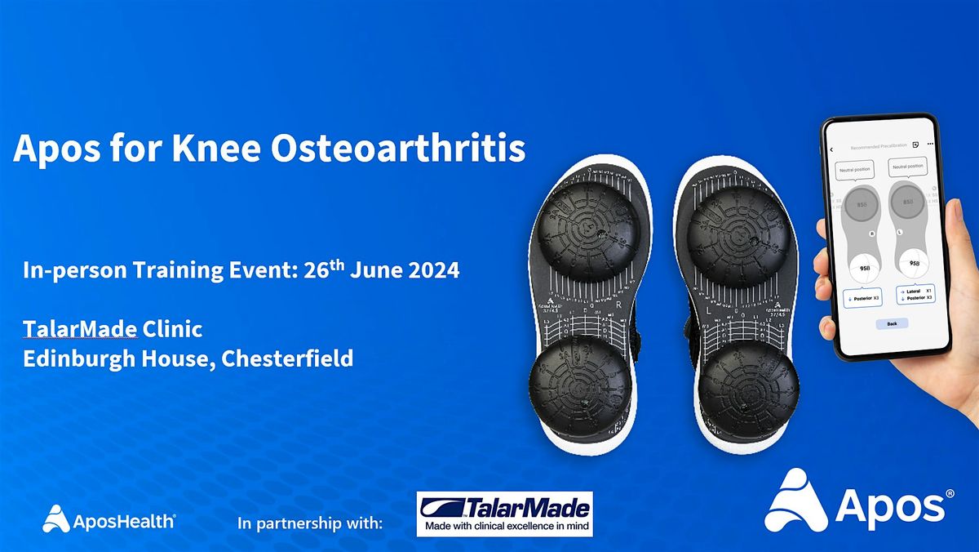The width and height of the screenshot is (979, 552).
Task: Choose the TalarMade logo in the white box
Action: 503,514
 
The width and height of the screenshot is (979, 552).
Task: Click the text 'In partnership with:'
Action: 310,523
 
